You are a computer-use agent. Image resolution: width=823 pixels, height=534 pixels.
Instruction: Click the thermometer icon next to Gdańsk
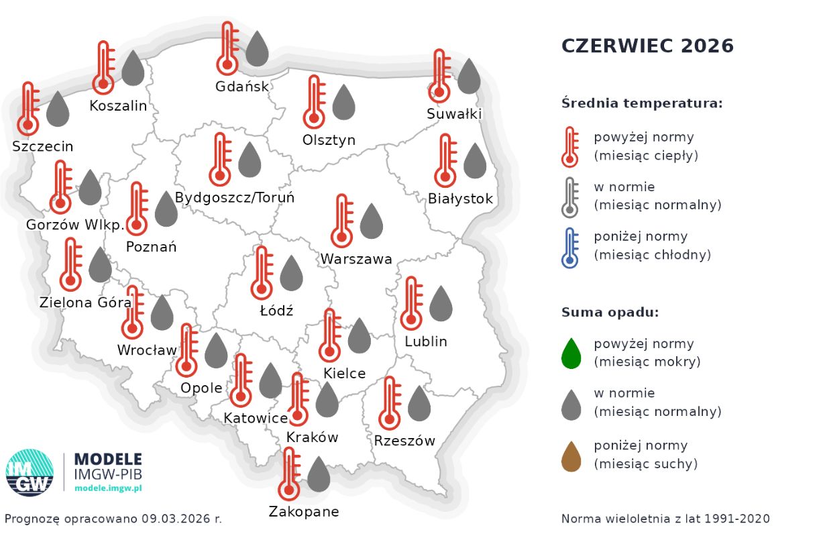227,48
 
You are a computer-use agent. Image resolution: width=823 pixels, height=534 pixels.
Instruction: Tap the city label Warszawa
355,259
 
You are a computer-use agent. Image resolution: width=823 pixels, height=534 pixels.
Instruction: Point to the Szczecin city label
43,146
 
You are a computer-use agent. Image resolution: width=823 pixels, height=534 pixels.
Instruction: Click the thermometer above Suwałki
439,76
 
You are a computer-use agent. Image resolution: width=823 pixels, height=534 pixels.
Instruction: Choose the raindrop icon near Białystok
475,161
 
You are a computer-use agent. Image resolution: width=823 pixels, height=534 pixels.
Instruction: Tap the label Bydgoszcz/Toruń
234,198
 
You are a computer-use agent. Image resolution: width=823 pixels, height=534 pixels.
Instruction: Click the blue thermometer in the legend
570,248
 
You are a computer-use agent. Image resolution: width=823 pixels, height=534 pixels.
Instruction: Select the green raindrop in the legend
571,354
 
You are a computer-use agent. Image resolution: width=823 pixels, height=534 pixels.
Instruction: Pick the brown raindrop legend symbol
571,456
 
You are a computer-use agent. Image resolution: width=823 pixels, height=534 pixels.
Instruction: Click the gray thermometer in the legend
570,197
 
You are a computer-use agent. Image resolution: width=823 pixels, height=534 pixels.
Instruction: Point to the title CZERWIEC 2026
647,46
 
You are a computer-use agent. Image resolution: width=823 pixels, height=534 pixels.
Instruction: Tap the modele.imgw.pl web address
108,488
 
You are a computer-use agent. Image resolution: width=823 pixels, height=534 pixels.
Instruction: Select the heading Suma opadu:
610,312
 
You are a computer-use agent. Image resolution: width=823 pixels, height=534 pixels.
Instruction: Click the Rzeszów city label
404,441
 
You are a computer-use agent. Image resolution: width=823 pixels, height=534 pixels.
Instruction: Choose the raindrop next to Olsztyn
344,102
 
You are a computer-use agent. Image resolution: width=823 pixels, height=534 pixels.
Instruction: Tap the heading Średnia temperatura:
642,103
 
